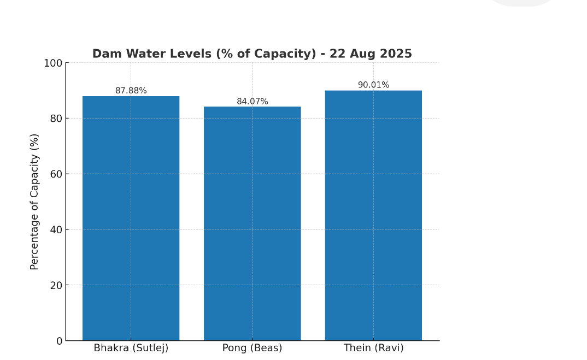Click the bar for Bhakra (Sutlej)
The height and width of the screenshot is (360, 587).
point(131,219)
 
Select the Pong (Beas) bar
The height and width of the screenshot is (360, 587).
point(252,224)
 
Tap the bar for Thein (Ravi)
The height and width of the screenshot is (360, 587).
point(373,216)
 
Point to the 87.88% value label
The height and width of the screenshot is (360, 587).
point(131,91)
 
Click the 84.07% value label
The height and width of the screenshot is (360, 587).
point(253,102)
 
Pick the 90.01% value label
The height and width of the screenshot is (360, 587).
point(374,85)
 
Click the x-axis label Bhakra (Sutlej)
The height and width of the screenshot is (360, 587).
point(131,348)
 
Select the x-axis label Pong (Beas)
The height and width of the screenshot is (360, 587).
point(253,348)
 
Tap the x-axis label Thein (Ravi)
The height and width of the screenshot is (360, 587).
point(374,348)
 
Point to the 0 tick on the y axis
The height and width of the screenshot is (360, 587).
point(59,341)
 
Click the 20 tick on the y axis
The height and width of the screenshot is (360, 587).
point(56,285)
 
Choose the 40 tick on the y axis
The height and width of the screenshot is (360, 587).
point(56,229)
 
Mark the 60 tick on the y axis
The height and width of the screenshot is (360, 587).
point(56,174)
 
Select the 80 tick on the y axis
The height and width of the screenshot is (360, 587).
point(56,118)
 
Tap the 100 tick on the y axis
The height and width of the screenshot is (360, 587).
point(53,63)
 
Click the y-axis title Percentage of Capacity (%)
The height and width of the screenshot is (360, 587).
point(35,202)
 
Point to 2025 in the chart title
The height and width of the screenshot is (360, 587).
point(395,54)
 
